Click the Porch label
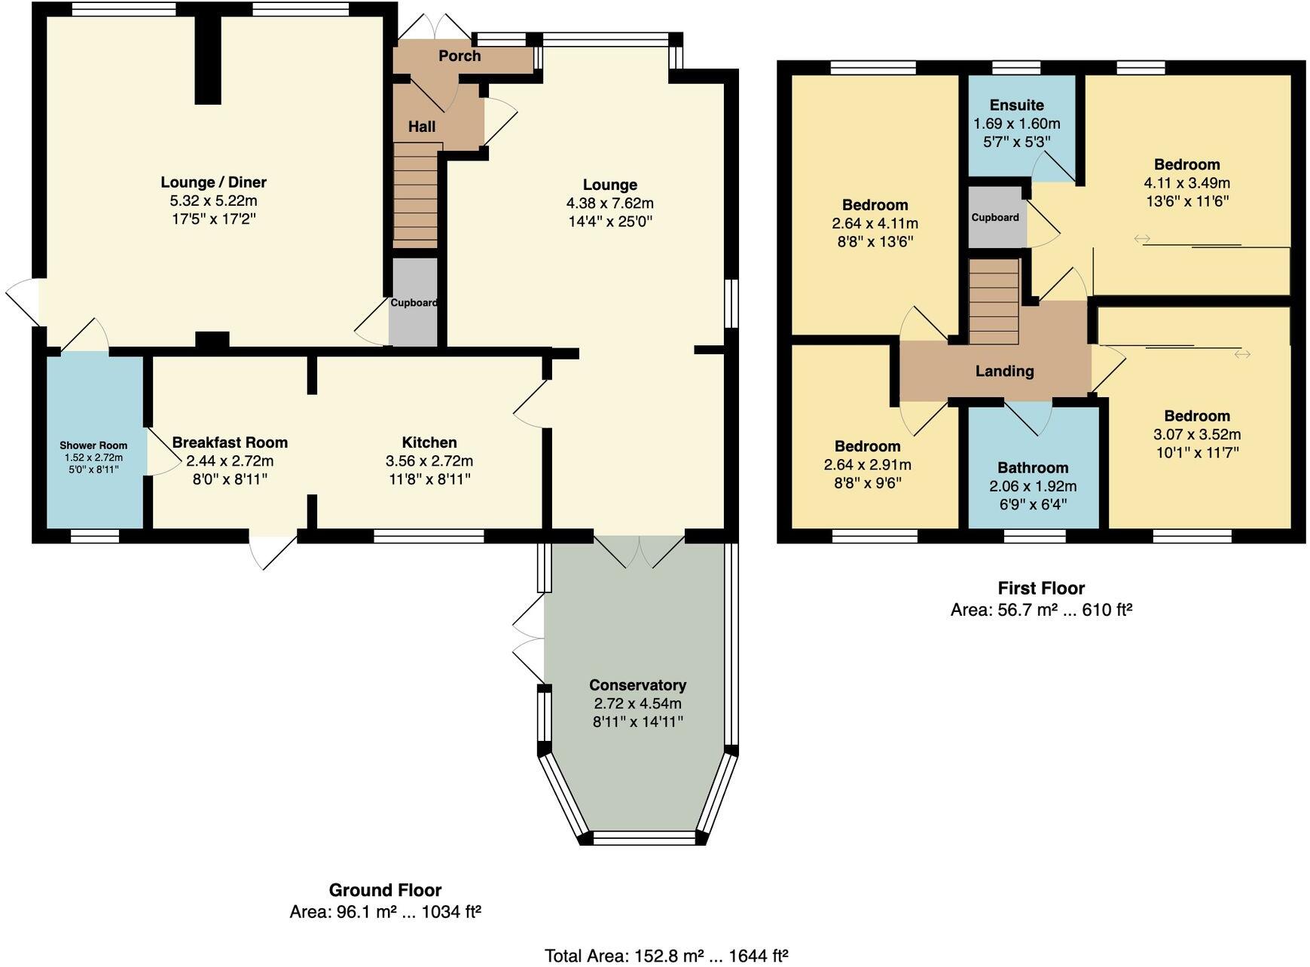460,56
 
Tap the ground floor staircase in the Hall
415,194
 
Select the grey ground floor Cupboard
413,302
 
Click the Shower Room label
93,445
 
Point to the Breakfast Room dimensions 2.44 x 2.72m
230,461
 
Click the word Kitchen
429,442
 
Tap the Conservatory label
637,685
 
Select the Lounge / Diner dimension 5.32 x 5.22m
213,200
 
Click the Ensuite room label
1016,106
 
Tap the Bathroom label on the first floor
1033,467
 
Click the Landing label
1004,371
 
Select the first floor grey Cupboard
996,218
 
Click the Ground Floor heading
385,890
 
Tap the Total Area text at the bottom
666,956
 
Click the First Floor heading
1041,588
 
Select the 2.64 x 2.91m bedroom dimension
867,464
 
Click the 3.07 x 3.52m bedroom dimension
1196,434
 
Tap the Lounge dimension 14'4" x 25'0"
609,222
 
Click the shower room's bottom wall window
95,536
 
